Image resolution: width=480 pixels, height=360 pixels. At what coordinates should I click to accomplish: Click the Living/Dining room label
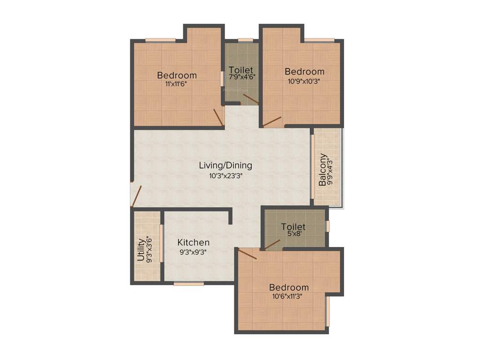[x=225, y=165]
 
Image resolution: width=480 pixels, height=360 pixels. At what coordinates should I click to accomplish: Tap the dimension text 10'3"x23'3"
[x=225, y=176]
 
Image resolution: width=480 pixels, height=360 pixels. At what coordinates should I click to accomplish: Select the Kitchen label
[x=193, y=243]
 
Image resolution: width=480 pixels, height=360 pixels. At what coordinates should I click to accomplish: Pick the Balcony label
[x=323, y=169]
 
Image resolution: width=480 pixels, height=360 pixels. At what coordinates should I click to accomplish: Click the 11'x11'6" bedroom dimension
[x=176, y=84]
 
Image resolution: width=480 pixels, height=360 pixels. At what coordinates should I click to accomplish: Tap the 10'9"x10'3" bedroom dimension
[x=305, y=81]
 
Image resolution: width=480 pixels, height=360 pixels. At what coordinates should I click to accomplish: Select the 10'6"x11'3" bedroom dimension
[x=289, y=296]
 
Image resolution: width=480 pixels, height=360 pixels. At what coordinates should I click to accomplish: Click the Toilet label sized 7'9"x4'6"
[x=241, y=70]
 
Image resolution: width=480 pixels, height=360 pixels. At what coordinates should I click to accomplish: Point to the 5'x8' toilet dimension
[x=293, y=235]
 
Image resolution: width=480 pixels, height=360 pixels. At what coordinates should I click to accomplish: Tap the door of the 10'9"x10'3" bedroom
[x=272, y=121]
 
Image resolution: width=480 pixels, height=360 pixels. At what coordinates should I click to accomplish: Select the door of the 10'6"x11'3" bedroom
[x=247, y=254]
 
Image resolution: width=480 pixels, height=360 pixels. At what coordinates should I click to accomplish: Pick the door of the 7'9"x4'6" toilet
[x=251, y=99]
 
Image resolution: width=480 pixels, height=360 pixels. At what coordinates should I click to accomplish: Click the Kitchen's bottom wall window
[x=188, y=284]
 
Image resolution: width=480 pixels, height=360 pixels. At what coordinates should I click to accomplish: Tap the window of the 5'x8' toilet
[x=328, y=226]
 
